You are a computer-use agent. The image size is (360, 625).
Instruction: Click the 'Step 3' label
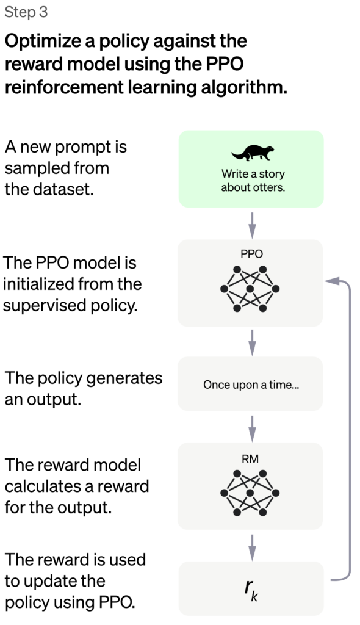pos(26,13)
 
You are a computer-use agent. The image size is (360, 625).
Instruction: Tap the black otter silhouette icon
pos(253,153)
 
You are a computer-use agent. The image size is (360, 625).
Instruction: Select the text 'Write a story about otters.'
pos(253,180)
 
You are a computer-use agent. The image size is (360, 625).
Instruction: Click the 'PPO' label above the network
pos(251,254)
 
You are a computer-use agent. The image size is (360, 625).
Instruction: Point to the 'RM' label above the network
pos(250,459)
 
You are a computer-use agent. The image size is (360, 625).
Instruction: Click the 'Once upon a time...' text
pos(251,385)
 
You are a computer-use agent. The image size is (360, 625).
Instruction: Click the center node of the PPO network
pos(250,289)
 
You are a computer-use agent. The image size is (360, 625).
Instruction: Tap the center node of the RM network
pos(250,493)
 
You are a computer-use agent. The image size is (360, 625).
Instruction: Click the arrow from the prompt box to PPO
pos(252,225)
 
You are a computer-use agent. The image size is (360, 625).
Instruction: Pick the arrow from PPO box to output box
pos(252,342)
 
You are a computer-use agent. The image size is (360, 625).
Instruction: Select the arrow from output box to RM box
pos(252,428)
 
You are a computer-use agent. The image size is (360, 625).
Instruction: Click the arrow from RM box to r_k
pos(252,547)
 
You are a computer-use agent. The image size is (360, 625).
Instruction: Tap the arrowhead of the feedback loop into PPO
pos(330,281)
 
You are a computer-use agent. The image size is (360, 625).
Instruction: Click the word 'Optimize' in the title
pos(49,42)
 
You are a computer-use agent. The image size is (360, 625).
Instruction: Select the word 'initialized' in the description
pos(37,284)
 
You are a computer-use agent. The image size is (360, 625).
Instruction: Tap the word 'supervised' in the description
pos(45,306)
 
